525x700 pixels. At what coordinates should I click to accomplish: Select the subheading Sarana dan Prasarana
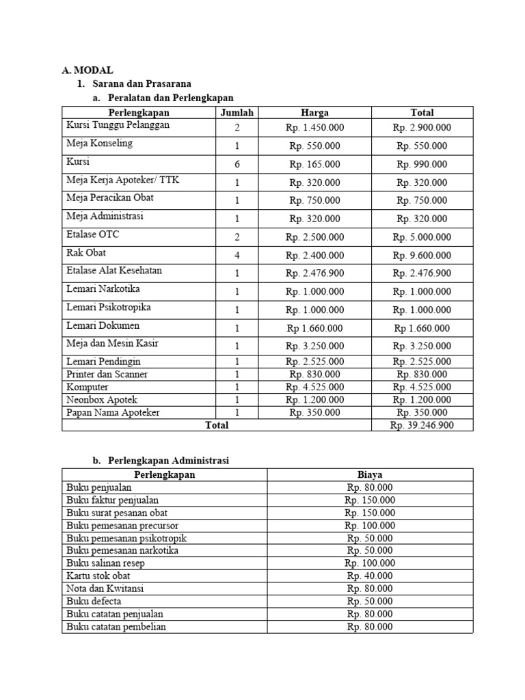141,83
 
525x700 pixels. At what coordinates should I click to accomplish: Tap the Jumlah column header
237,113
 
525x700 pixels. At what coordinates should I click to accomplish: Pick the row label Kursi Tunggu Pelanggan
118,126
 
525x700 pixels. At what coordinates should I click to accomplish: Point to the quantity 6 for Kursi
237,164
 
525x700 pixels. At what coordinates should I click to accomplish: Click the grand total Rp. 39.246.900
421,425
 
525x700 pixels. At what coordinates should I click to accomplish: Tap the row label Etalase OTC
93,234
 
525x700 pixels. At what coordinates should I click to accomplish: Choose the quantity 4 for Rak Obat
237,255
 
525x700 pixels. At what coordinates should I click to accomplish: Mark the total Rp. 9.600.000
421,256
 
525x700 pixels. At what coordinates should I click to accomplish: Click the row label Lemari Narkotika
103,289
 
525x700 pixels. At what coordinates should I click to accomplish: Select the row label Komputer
88,387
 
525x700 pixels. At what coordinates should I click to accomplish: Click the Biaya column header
369,474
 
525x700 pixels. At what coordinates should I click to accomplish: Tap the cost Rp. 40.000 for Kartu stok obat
369,576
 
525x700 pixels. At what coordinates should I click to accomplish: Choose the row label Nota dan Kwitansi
105,589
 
